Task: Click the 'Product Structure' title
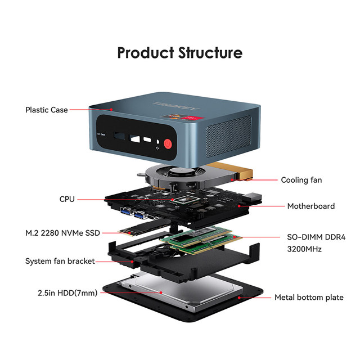coord(180,53)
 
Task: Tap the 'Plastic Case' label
coord(47,110)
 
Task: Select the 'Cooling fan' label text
coord(301,180)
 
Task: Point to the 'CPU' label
coord(67,199)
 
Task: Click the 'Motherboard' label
coord(310,206)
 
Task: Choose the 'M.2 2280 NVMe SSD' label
coord(62,232)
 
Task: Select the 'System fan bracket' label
coord(60,261)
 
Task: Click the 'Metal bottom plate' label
coord(309,297)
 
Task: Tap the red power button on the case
coord(168,144)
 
